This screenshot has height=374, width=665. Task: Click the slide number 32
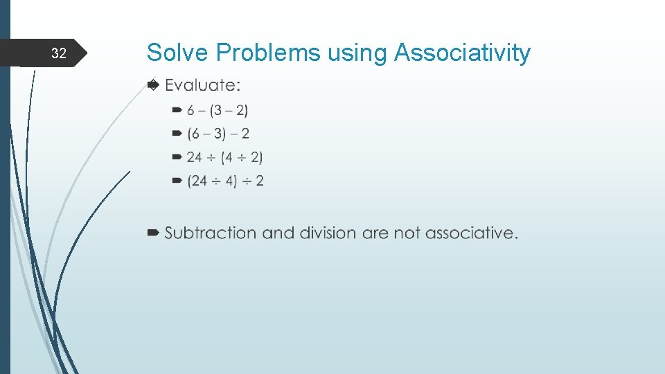point(60,54)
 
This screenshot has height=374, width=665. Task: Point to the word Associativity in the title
point(462,53)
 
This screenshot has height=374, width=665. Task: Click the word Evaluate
point(203,85)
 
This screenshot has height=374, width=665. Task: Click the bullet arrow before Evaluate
point(153,84)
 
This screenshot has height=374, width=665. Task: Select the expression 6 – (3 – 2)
point(218,110)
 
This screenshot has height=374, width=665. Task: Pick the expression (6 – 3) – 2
point(218,134)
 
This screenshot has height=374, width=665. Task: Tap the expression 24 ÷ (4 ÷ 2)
point(224,157)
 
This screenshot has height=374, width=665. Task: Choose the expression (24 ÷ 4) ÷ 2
point(225,181)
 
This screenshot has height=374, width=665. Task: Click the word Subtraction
point(211,233)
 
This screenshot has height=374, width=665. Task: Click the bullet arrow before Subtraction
point(153,233)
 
